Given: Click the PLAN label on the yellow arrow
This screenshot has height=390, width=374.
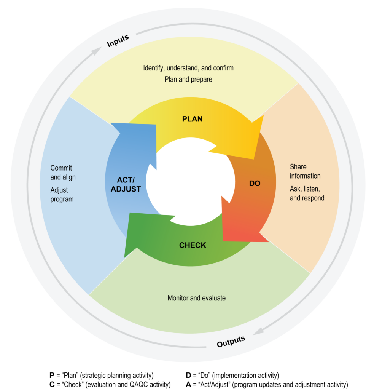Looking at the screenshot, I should click(x=192, y=119).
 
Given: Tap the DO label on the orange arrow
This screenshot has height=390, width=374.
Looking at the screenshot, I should click(x=255, y=183).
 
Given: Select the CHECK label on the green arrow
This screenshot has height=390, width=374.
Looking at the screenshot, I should click(x=193, y=245).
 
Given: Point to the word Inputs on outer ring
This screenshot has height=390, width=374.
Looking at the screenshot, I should click(x=118, y=41).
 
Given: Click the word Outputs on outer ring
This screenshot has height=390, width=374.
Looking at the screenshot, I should click(x=231, y=341).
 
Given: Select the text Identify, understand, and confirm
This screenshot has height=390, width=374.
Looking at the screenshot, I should click(x=188, y=68).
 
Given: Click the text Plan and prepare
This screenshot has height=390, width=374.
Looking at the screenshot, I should click(x=188, y=80).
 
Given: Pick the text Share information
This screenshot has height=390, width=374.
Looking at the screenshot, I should click(x=305, y=171).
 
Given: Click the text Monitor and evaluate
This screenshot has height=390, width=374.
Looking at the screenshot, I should click(x=196, y=298).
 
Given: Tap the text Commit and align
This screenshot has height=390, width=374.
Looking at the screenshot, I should click(x=63, y=173).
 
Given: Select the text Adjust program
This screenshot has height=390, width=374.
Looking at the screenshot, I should click(x=62, y=194).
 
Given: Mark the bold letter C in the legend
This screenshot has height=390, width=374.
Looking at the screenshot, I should click(x=52, y=384).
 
